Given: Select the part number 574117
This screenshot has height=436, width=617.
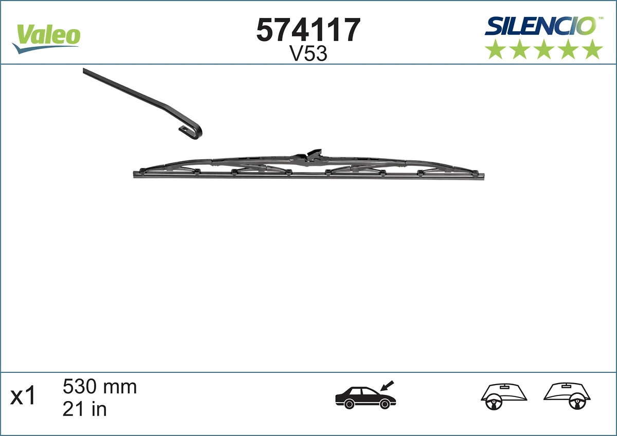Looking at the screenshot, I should click(x=308, y=30).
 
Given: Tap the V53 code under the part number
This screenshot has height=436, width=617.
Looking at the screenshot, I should click(x=308, y=54).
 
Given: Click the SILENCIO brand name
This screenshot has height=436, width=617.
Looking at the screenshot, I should click(x=540, y=26).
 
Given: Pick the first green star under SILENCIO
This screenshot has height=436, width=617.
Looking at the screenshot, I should click(x=495, y=49).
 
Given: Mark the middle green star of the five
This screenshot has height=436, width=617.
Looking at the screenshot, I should click(x=544, y=49).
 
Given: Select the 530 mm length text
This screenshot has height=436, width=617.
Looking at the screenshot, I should click(x=100, y=386).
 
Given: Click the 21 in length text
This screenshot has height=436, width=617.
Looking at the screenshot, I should click(x=84, y=409).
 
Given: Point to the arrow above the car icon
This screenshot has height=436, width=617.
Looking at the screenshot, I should click(x=387, y=385).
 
